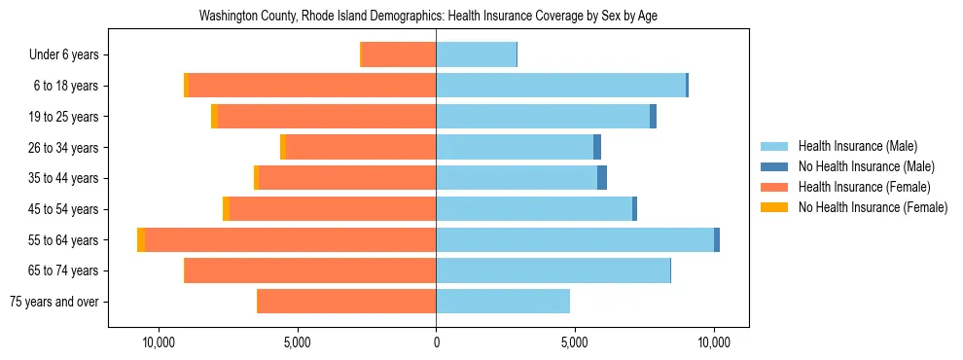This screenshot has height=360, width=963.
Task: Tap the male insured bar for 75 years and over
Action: click(503, 302)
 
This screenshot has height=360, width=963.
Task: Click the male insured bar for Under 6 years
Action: click(476, 54)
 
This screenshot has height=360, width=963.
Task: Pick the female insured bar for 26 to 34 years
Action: click(361, 147)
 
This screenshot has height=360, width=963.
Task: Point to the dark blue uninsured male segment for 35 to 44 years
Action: click(602, 178)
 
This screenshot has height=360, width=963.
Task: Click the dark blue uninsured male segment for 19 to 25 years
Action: click(653, 116)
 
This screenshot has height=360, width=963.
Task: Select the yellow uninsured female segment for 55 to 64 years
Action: click(141, 239)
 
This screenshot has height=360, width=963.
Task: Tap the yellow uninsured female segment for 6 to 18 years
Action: click(186, 86)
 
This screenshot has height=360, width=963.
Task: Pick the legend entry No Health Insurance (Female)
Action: click(873, 207)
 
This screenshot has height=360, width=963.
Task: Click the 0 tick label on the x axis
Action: click(436, 342)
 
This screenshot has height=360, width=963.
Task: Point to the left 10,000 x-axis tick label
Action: click(158, 342)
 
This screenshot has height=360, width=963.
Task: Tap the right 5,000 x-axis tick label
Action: click(575, 342)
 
